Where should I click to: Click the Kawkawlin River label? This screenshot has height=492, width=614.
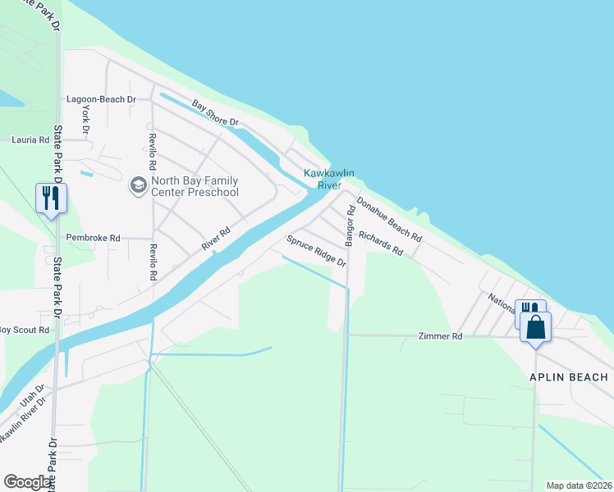(x=323, y=179)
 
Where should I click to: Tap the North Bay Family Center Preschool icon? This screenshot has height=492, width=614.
(x=137, y=186)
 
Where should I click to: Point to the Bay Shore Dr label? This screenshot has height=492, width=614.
(x=215, y=113)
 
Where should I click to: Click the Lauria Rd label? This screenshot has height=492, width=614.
(x=30, y=140)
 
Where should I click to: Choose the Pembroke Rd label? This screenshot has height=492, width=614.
(x=93, y=238)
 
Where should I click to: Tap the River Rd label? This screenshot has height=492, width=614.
(x=216, y=239)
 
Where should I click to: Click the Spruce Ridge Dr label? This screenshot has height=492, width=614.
(x=316, y=251)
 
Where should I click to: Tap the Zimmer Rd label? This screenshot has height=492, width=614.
(x=441, y=336)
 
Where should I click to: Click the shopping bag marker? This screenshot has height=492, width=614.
(x=535, y=327)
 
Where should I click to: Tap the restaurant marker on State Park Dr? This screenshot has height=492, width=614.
(x=51, y=198)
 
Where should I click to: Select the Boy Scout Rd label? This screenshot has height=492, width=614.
(x=24, y=330)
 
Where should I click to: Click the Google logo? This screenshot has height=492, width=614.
(x=27, y=482)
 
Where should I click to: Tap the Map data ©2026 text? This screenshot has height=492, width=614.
(x=579, y=485)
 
